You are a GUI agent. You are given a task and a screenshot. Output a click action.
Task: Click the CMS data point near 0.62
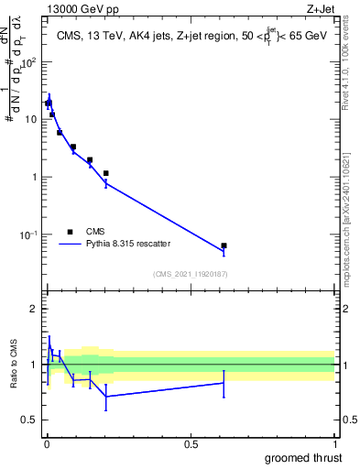coord(224,245)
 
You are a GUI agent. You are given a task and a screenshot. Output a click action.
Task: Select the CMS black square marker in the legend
coord(70,232)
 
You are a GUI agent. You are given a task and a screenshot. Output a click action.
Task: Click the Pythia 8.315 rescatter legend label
coord(129,244)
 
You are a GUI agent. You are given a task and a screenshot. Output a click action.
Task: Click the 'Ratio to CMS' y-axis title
coord(13,364)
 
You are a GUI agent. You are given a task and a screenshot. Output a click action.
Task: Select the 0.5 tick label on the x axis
coord(191,444)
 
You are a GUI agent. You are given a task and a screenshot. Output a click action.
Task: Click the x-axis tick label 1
coord(335,444)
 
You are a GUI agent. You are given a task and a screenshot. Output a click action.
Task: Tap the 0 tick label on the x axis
coord(47,444)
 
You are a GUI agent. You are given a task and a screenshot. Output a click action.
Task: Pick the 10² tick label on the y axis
coord(32,62)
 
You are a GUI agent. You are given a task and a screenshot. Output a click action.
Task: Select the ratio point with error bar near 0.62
coord(224,383)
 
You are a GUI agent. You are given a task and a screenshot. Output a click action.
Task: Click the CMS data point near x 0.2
coord(106,173)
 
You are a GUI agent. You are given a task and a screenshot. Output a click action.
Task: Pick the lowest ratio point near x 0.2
coord(106,397)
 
